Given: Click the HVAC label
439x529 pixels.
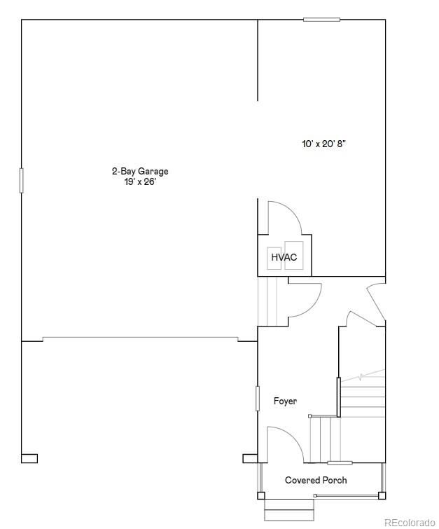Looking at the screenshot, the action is coord(284,257).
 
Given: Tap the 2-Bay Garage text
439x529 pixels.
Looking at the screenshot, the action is coord(140,172).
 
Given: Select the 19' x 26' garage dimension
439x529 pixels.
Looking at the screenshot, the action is coord(140,182).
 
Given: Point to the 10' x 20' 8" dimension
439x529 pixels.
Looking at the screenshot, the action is coord(324,144).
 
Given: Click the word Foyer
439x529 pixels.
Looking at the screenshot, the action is coord(285,401).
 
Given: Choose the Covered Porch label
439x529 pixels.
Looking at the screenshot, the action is coord(316,480).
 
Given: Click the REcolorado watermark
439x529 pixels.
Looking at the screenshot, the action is coord(410,523).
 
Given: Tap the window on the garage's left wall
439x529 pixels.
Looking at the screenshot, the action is coord(22,181).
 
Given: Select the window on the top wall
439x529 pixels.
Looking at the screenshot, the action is coord(321,20).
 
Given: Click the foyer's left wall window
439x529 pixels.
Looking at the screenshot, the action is coord(258,399).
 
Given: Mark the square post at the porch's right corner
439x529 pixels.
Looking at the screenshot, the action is coord(382,495).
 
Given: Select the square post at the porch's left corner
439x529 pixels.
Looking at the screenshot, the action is coord(261,495).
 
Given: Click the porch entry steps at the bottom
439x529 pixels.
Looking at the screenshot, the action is coord(289,510).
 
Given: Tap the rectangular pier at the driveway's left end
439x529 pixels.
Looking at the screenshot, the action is coord(29,458).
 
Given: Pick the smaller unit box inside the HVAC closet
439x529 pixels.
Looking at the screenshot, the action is coord(274,259).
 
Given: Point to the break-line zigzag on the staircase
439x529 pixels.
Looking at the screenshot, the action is coord(363,376).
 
